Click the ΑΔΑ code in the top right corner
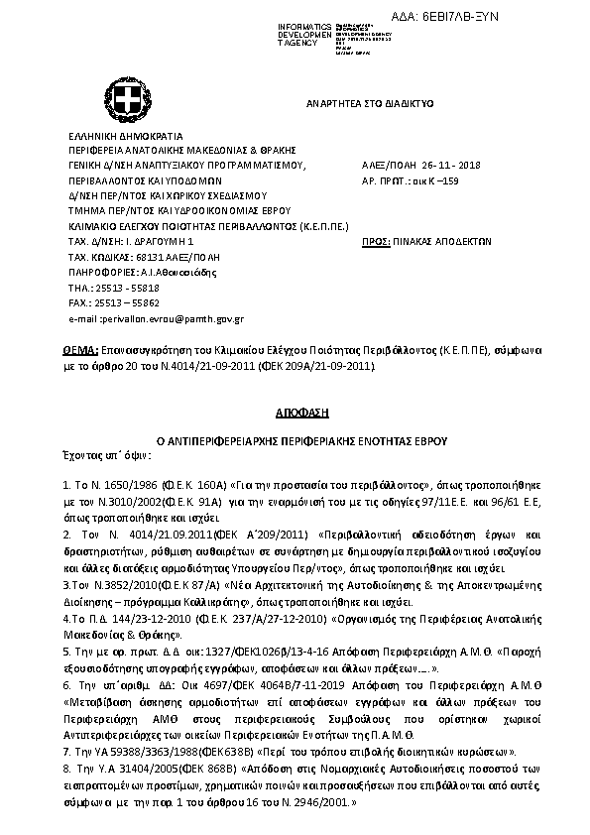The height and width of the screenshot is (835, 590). pyautogui.click(x=526, y=18)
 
